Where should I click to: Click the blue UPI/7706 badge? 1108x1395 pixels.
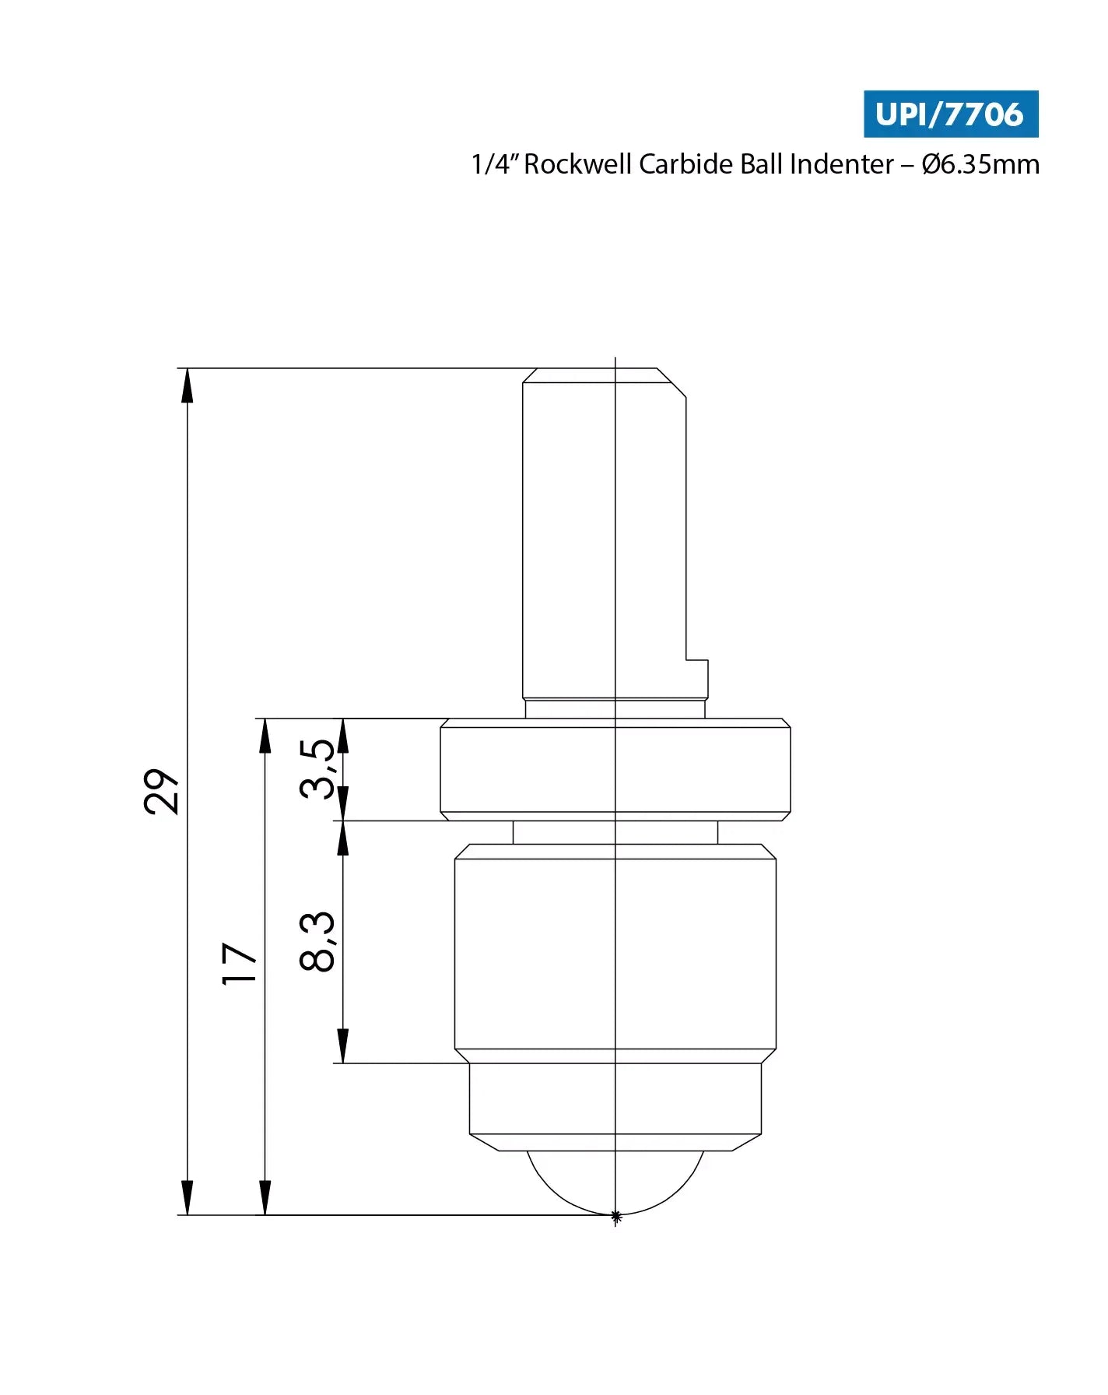(x=950, y=114)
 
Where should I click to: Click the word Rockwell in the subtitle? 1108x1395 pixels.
(x=578, y=164)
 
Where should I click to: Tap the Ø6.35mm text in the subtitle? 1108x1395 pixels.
(x=980, y=164)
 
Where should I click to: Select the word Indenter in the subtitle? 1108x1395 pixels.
(x=841, y=164)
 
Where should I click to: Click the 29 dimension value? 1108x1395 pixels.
(x=162, y=791)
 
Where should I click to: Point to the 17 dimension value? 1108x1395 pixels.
(x=240, y=964)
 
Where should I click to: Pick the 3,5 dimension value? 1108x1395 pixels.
(x=317, y=769)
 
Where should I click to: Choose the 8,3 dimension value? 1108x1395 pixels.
(x=317, y=941)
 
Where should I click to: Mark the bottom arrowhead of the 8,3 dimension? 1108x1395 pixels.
(x=342, y=1046)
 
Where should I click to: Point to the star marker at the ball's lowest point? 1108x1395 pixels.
(x=615, y=1215)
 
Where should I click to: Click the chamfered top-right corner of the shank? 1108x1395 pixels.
(x=671, y=382)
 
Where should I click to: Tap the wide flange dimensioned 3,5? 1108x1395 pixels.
(x=615, y=769)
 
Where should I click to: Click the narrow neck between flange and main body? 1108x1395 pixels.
(x=615, y=832)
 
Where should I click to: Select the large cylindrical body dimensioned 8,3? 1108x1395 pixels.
(x=615, y=954)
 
